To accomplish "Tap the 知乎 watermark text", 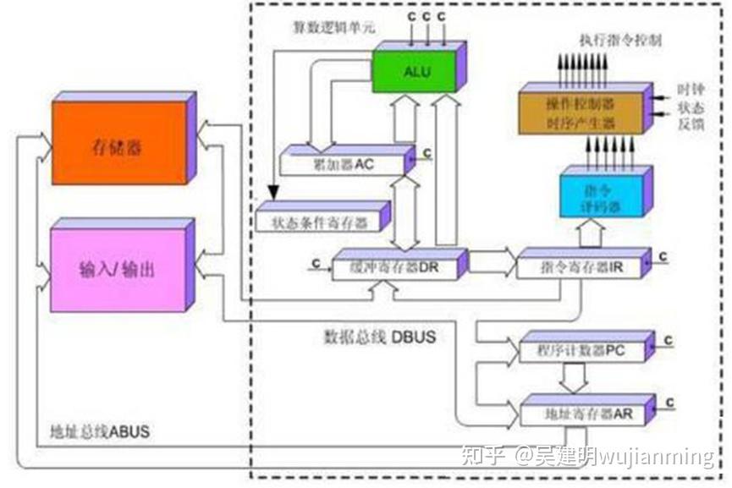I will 483,458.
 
